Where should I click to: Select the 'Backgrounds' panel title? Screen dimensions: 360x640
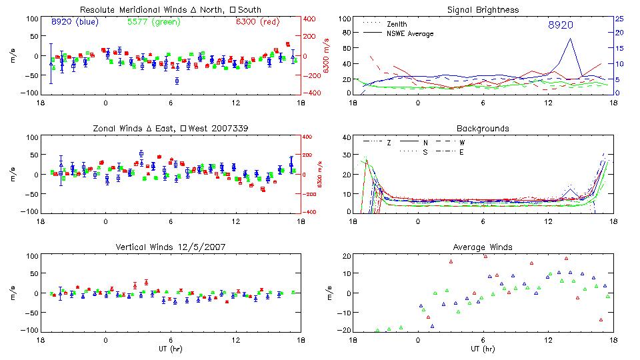484,128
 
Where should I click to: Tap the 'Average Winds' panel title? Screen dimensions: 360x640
484,247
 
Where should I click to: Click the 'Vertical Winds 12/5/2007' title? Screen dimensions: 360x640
171,247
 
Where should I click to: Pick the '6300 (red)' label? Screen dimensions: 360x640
257,22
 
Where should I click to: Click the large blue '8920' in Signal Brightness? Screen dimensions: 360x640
561,25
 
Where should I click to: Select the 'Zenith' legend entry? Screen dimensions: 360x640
397,24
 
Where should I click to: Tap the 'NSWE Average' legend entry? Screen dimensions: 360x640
410,33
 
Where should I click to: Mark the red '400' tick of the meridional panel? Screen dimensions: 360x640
311,19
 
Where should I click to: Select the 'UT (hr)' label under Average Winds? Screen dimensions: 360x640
484,349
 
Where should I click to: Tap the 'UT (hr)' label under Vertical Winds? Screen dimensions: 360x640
171,349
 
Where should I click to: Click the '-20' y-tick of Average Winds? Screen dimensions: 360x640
343,330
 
